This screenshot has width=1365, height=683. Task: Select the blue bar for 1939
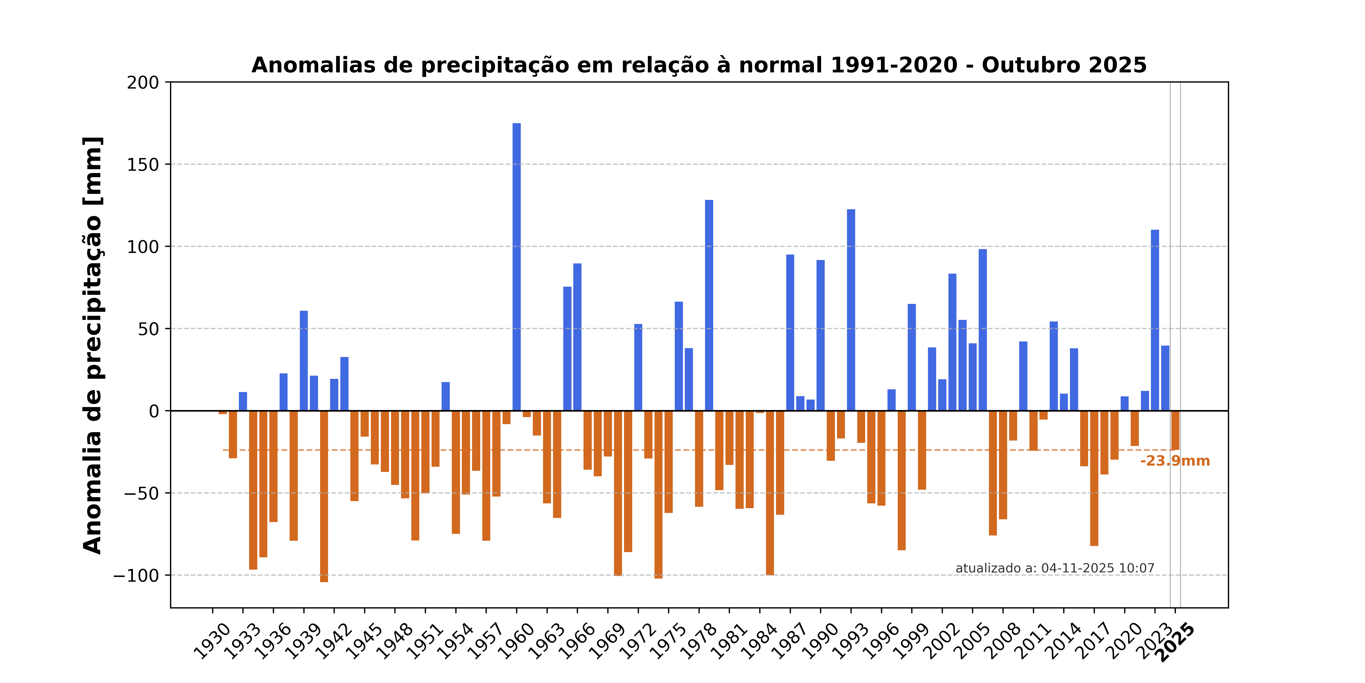pos(304,361)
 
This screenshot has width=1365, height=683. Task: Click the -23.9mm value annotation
pos(1175,461)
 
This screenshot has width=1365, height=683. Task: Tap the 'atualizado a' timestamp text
pos(1054,568)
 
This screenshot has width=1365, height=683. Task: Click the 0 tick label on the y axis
pos(154,411)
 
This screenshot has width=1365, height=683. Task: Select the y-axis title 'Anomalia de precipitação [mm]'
pos(93,345)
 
